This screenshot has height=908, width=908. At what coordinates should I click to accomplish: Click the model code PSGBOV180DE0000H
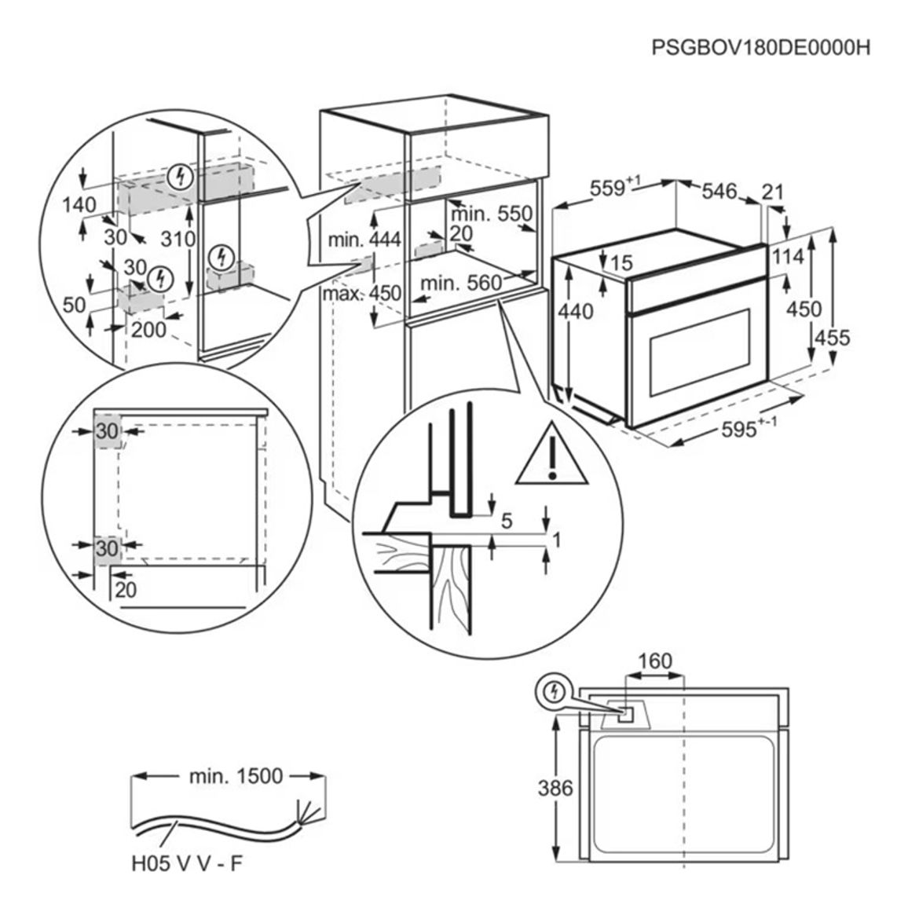point(761,47)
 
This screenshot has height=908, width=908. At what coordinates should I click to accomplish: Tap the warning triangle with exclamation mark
point(552,455)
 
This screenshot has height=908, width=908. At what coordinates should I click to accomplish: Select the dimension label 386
point(555,788)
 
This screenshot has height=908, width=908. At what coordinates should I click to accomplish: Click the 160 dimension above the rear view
point(654,661)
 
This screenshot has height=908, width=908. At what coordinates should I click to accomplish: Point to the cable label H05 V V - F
point(186,864)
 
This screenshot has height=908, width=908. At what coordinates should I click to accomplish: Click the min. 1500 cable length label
point(236,776)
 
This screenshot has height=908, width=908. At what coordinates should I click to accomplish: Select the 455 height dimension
point(832,337)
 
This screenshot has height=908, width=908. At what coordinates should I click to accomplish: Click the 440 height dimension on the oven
point(576,312)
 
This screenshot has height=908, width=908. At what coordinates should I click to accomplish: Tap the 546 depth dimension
point(719,191)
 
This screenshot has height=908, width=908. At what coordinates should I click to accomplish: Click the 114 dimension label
point(788,257)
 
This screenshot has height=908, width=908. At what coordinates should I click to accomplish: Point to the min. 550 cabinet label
point(492,214)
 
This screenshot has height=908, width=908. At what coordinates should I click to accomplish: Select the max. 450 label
point(362,293)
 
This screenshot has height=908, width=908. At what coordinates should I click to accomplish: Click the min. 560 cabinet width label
point(461,283)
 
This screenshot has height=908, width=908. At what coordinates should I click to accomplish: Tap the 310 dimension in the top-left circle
point(178,239)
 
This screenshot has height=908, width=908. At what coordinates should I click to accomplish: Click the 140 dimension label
point(79,204)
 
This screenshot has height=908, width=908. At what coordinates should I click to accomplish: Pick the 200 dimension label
point(148,329)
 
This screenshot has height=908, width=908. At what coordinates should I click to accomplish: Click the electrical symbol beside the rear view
point(555,691)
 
